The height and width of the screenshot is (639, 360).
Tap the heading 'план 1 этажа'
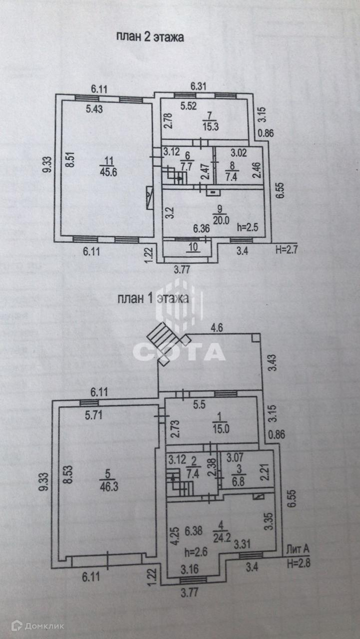coord(153,299)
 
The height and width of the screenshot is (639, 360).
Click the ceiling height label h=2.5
coord(247,227)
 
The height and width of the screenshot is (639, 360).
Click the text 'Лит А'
coord(298,550)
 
